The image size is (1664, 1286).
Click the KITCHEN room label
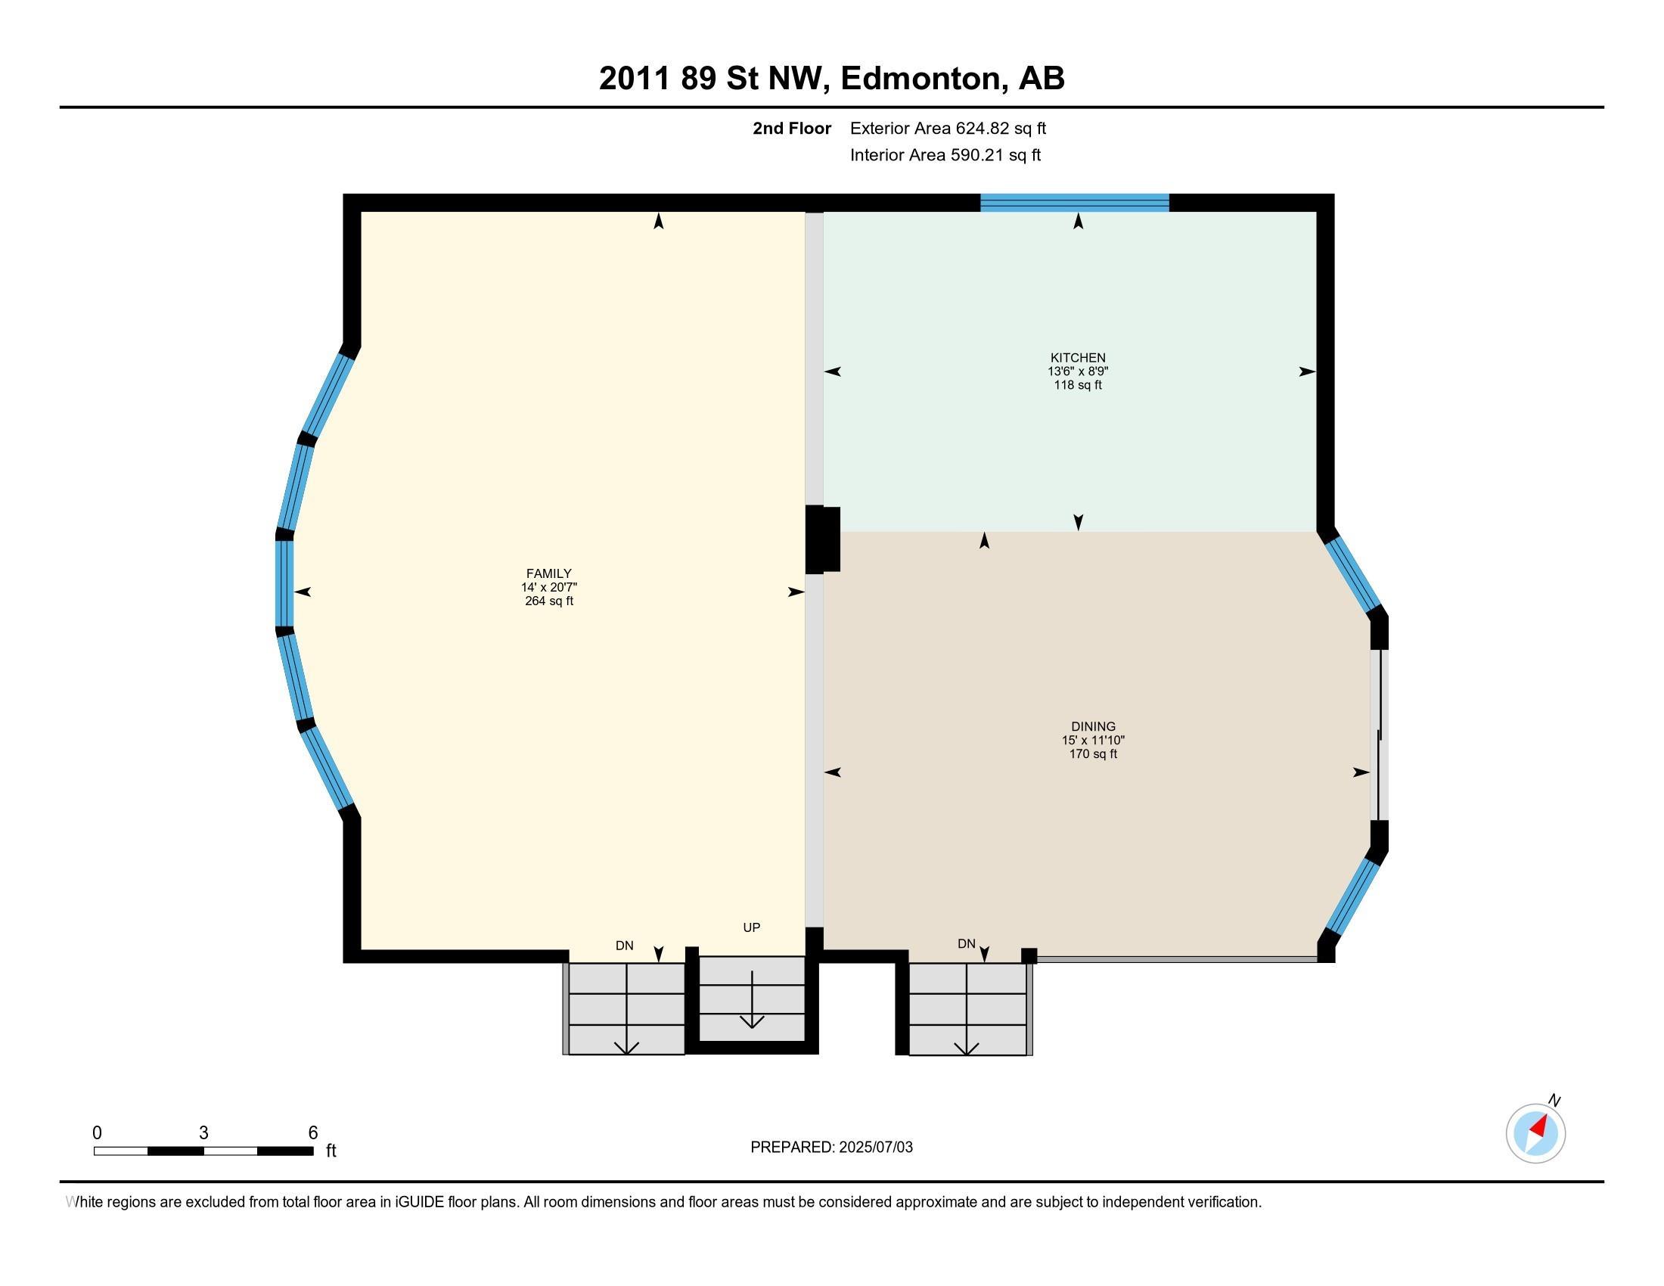point(1077,358)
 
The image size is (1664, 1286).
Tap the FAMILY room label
point(548,573)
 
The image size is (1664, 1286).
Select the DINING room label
point(1094,727)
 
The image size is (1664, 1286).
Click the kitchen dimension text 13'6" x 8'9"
point(1077,371)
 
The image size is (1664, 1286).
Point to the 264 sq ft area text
point(548,601)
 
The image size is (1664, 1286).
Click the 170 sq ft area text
point(1094,754)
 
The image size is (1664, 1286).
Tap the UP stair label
point(751,927)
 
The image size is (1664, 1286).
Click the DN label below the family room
point(624,946)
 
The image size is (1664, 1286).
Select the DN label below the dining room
point(966,943)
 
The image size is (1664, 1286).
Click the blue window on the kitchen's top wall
point(1074,203)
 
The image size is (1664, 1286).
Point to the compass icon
point(1536,1134)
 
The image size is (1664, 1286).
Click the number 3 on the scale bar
point(203,1133)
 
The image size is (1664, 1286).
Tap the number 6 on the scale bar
point(312,1133)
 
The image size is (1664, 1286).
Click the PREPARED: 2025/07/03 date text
point(831,1148)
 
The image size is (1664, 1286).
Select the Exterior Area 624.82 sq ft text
point(948,129)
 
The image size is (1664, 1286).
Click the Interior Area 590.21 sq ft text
point(945,155)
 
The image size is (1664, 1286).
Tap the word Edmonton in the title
point(920,79)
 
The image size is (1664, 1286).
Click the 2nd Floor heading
point(792,129)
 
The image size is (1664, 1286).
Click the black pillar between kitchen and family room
point(822,539)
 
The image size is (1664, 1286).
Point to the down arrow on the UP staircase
point(752,999)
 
